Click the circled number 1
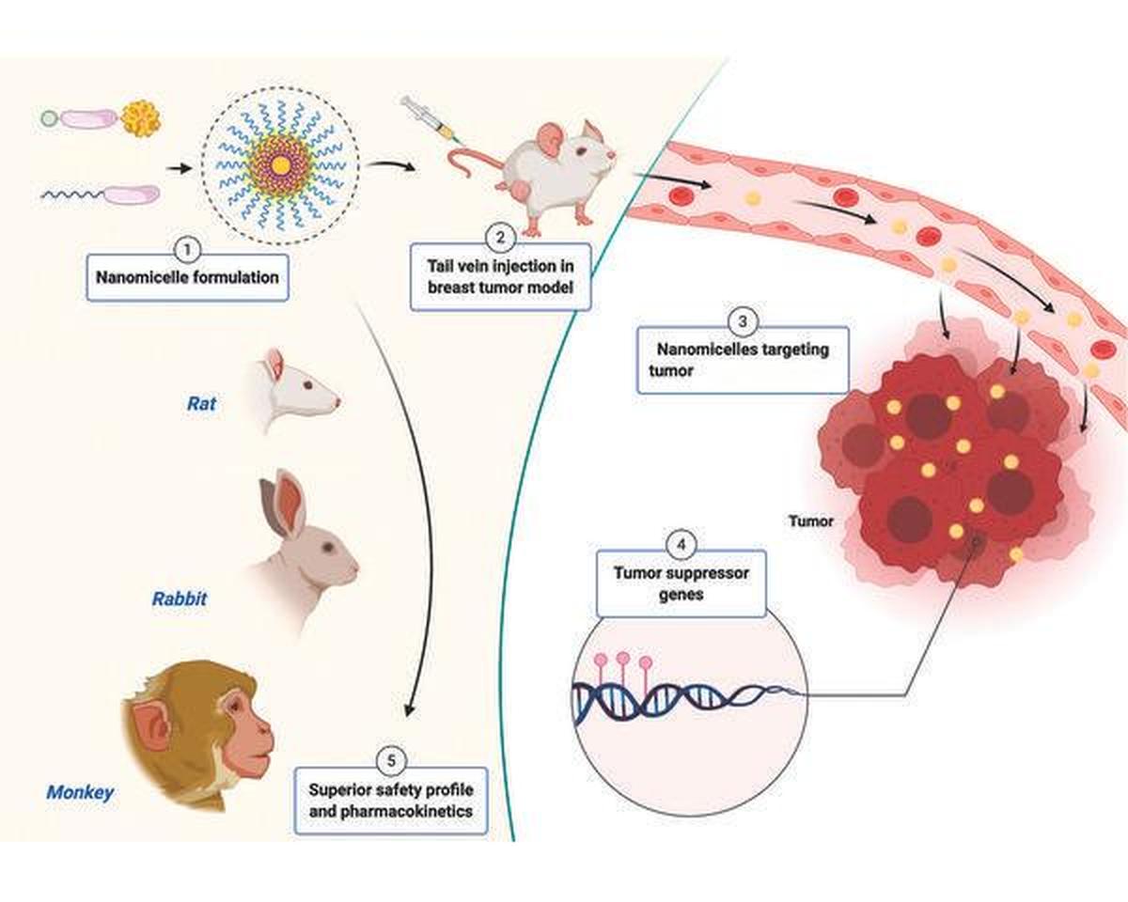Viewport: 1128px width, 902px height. [x=187, y=250]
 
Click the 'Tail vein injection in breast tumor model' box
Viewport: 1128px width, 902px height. [x=500, y=276]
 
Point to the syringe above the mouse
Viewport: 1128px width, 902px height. [x=426, y=120]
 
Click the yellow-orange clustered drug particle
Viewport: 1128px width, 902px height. [x=141, y=118]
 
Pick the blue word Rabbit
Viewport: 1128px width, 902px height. [x=180, y=598]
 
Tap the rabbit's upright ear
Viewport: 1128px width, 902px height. [x=289, y=501]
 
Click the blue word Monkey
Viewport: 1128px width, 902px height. [x=80, y=792]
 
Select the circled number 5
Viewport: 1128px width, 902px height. [x=391, y=758]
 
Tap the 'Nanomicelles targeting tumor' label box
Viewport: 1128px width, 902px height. [x=743, y=360]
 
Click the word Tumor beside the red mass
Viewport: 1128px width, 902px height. [x=810, y=521]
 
